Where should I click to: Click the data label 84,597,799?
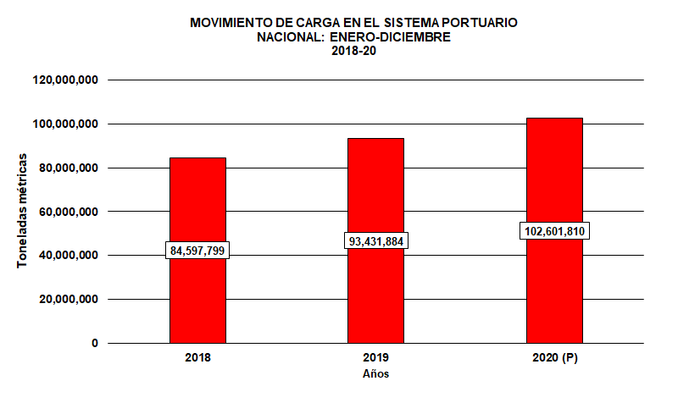click(x=198, y=251)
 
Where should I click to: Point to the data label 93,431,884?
click(x=376, y=241)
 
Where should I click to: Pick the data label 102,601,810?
click(x=555, y=231)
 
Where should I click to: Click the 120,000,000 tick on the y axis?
click(x=67, y=80)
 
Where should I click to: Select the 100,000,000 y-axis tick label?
click(x=67, y=124)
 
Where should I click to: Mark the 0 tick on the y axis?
click(x=94, y=344)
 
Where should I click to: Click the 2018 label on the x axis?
click(x=197, y=359)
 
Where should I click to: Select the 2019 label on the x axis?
click(x=375, y=359)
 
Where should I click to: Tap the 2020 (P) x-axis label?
click(x=554, y=359)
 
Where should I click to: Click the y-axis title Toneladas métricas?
click(x=24, y=212)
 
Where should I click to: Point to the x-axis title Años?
click(x=375, y=373)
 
